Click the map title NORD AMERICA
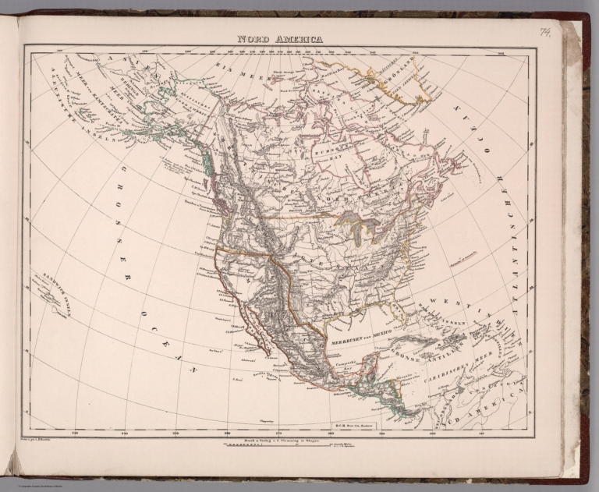(x=280, y=38)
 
